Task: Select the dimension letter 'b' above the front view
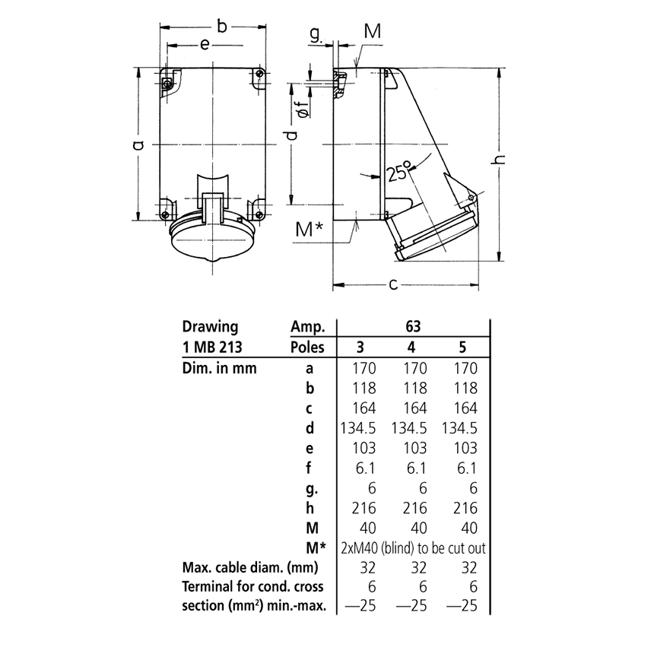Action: [x=221, y=27]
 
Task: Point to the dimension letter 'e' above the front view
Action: [x=205, y=45]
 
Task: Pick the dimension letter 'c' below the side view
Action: [x=393, y=284]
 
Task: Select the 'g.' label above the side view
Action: [x=317, y=33]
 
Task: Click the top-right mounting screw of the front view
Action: [x=261, y=73]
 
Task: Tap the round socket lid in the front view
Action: [x=211, y=243]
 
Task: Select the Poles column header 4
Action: [x=412, y=348]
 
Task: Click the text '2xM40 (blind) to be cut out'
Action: [x=411, y=548]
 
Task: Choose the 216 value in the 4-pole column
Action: [x=412, y=508]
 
